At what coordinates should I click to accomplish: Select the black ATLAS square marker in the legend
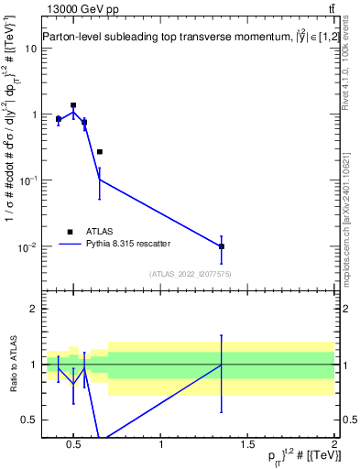click(69, 232)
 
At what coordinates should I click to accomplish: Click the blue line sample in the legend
click(69, 245)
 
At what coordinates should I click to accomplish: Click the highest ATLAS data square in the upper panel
click(73, 105)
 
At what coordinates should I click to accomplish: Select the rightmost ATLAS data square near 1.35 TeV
click(222, 246)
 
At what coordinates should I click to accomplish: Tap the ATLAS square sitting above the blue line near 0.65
click(99, 152)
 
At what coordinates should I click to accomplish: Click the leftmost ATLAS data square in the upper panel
click(59, 119)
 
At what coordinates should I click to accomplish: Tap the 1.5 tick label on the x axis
click(248, 445)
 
